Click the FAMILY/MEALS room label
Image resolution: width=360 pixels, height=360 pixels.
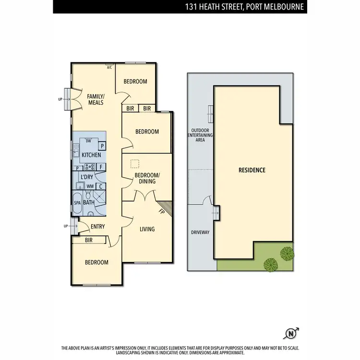click(x=96, y=99)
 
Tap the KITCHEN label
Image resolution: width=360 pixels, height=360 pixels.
click(x=91, y=155)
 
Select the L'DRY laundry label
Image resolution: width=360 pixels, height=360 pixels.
click(x=86, y=177)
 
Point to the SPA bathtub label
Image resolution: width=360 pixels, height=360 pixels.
click(x=77, y=203)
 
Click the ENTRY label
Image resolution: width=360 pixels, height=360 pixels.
click(x=97, y=227)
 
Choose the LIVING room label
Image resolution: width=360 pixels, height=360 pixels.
click(x=147, y=229)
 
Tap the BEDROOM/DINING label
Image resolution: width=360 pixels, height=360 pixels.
click(x=147, y=178)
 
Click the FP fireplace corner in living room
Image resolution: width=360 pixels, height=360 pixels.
click(x=162, y=210)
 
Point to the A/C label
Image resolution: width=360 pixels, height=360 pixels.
click(x=109, y=67)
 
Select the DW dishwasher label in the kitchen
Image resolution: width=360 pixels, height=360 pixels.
click(x=88, y=141)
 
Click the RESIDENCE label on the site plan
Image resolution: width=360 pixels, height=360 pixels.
click(x=252, y=170)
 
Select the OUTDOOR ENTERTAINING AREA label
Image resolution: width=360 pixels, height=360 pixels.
click(x=201, y=135)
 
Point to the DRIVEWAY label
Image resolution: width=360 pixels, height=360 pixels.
click(x=201, y=232)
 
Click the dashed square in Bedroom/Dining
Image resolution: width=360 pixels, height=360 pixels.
click(x=135, y=163)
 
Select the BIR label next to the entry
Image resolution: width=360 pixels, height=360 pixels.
click(x=88, y=240)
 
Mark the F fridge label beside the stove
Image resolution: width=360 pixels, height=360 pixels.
click(x=101, y=167)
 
